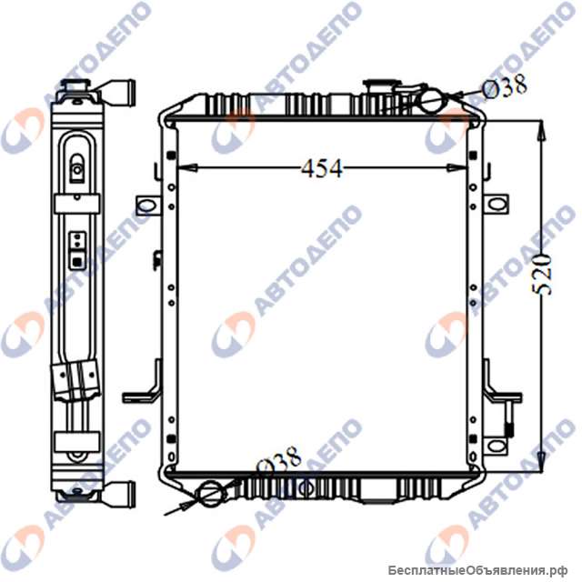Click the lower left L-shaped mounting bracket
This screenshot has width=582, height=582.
[x=141, y=392]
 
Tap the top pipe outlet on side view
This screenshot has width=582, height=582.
[x=120, y=92]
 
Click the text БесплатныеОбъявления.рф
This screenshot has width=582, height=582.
[x=482, y=569]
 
